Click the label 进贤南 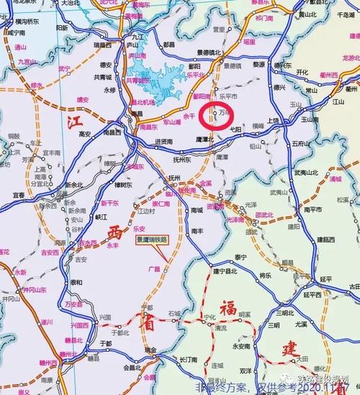(x=163, y=142)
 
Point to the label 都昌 (x=168, y=44)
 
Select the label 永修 (x=109, y=90)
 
